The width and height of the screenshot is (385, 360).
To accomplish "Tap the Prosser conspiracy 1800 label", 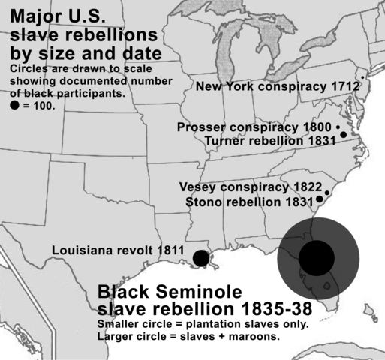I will click(x=254, y=127).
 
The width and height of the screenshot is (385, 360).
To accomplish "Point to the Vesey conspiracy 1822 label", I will click(x=251, y=187).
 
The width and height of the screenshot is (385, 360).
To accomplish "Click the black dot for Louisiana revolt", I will click(x=200, y=259).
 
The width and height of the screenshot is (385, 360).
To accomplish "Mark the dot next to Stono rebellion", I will click(x=320, y=199).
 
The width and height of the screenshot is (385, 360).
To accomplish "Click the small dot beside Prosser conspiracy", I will click(x=338, y=127).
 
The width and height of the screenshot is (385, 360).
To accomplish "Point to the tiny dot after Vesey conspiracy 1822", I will click(x=327, y=193).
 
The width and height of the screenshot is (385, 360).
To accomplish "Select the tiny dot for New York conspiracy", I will click(x=363, y=77).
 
